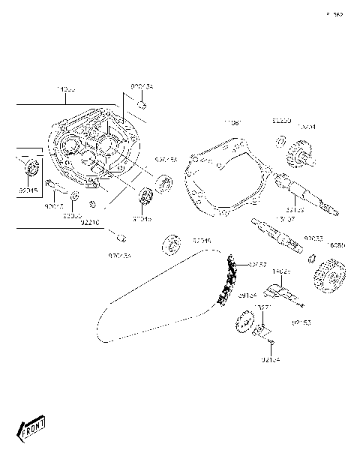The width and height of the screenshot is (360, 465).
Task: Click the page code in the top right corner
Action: pyautogui.click(x=334, y=14)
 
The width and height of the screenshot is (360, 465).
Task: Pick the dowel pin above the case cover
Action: pyautogui.click(x=139, y=105)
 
